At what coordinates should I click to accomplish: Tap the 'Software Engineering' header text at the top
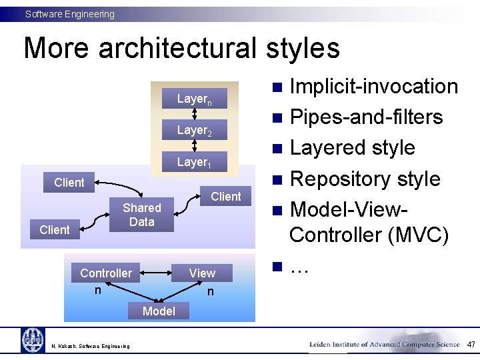pos(70,14)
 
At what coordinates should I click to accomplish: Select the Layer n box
pos(194,99)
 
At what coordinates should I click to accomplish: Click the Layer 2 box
pos(194,131)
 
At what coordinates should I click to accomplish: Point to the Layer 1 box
pos(194,162)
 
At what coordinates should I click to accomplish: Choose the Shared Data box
pos(141,215)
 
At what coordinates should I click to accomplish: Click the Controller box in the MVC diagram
pos(105,273)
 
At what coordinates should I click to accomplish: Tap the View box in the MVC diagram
pos(202,273)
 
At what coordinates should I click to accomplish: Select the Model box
pos(159,311)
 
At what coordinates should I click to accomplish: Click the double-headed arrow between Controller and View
pos(155,273)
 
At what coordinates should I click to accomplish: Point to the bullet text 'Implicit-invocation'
pos(374,86)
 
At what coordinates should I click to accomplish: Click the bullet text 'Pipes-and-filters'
pos(366,117)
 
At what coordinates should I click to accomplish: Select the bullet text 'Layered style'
pos(353,147)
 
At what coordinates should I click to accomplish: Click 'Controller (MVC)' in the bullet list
pos(369,235)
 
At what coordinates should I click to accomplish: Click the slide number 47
pos(471,345)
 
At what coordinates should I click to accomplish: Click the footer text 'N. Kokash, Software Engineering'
pos(91,345)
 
